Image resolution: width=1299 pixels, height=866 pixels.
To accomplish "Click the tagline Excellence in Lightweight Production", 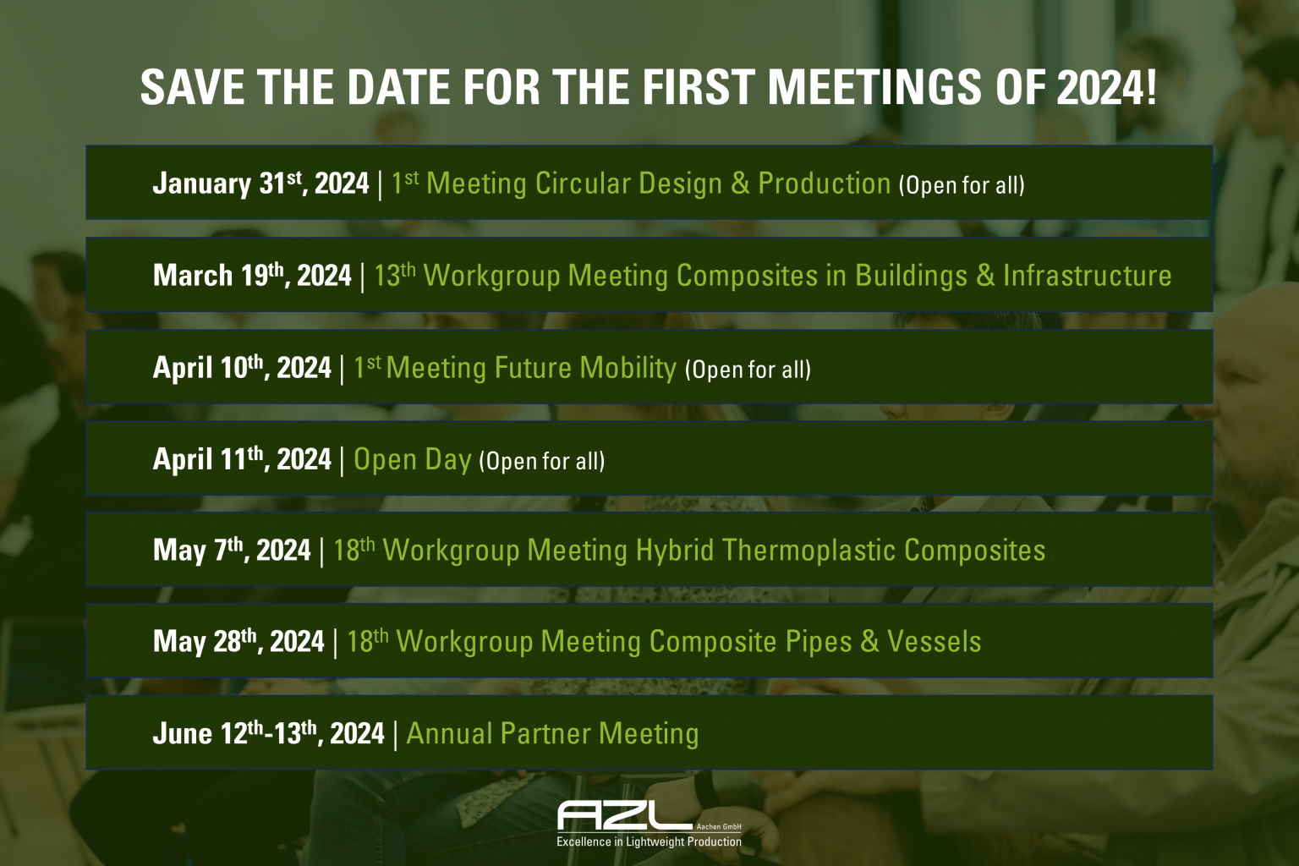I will click(x=649, y=842).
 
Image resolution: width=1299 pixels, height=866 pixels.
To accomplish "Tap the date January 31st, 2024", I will click(x=260, y=184).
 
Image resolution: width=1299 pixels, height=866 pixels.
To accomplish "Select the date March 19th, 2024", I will click(x=251, y=276).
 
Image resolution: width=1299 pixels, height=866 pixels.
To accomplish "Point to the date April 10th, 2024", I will click(x=241, y=368).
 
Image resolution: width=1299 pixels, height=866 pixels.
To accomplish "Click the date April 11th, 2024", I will click(x=241, y=459).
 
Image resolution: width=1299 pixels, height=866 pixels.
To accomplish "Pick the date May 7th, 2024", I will click(x=231, y=551).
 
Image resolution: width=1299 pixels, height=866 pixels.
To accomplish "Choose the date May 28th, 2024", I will click(x=238, y=642).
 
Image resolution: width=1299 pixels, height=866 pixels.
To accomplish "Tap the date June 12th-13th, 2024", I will click(x=268, y=733).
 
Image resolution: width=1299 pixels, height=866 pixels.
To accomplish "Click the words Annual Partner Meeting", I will click(x=552, y=733).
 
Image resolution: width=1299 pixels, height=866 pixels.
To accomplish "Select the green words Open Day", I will click(x=412, y=459).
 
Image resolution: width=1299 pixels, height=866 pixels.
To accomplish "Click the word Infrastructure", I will click(x=1087, y=276).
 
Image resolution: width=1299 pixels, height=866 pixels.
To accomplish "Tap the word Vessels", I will click(x=934, y=642).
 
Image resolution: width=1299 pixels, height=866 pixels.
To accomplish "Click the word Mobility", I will click(x=628, y=368).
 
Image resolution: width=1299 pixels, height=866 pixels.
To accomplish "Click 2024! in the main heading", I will click(x=1106, y=87).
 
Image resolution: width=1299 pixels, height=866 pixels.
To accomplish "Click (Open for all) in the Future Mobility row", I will click(x=748, y=370).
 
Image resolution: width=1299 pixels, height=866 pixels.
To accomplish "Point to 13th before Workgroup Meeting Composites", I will click(x=394, y=276).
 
